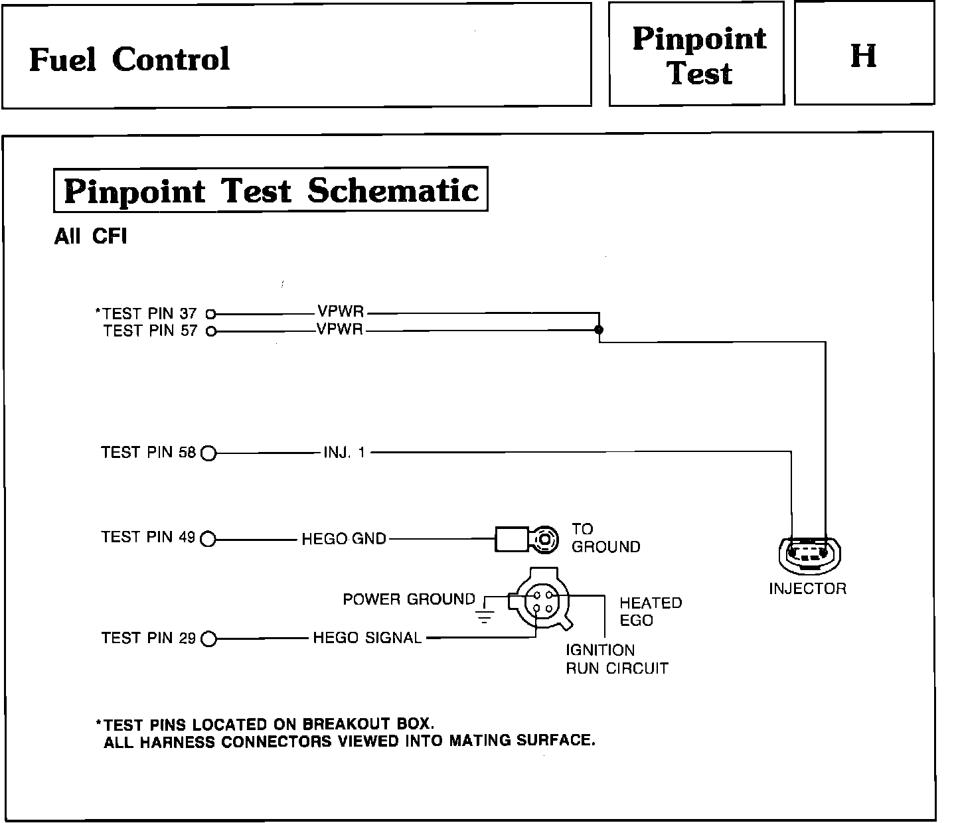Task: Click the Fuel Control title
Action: tap(129, 59)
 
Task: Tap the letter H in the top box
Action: tap(863, 56)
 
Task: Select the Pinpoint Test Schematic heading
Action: tap(271, 191)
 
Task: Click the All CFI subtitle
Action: tap(90, 237)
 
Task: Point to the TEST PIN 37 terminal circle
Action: tap(210, 313)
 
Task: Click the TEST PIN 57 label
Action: tap(151, 331)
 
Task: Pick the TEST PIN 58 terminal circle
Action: tap(208, 453)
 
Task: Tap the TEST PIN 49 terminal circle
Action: tap(208, 538)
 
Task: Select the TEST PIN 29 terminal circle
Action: tap(208, 639)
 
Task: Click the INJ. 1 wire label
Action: tap(344, 453)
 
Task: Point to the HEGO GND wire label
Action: tap(344, 538)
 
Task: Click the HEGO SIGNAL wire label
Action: tap(367, 638)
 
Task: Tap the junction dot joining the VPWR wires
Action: tap(599, 329)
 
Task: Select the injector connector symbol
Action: tap(808, 554)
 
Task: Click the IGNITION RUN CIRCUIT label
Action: tap(616, 659)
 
